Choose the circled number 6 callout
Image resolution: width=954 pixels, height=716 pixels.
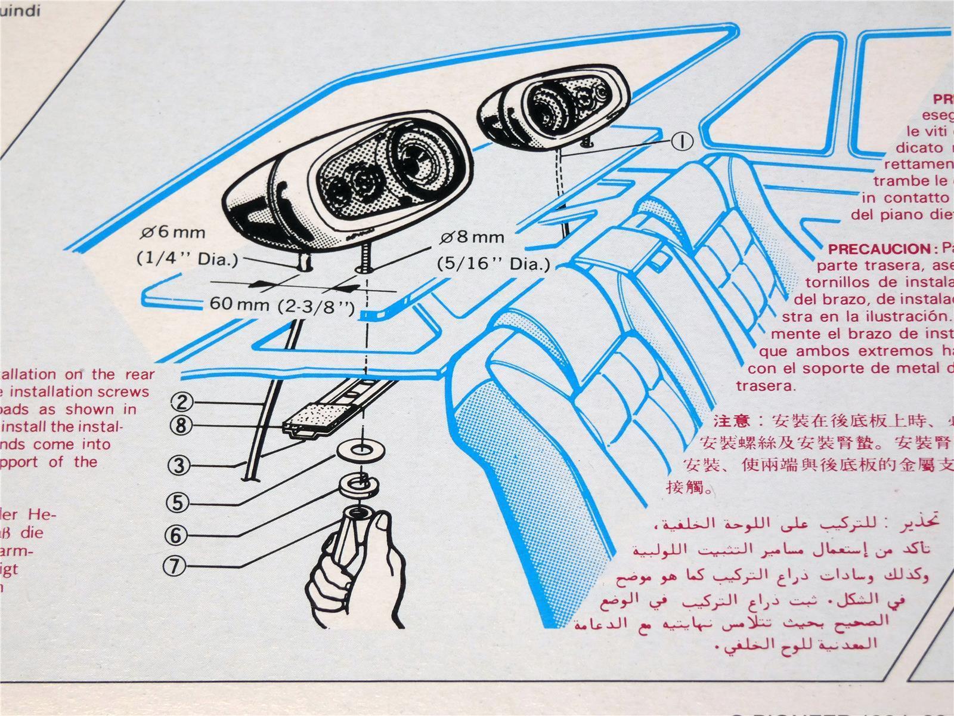(175, 535)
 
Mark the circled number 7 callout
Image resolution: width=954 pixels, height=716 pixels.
(174, 566)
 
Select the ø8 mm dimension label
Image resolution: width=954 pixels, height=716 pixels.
(472, 237)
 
